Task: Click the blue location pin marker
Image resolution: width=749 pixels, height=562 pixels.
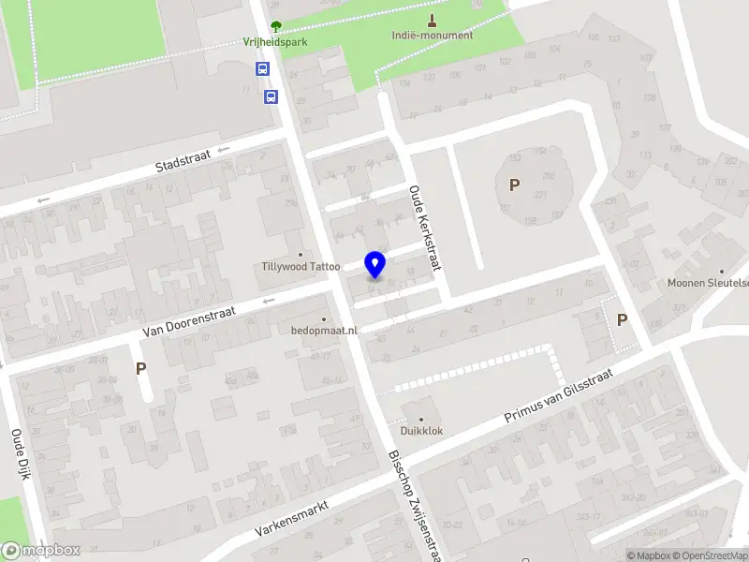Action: click(375, 264)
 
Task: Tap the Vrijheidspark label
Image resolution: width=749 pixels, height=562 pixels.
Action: click(274, 42)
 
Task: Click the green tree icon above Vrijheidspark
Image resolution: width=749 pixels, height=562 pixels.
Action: click(274, 26)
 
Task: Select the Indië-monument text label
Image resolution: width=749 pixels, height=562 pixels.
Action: click(432, 36)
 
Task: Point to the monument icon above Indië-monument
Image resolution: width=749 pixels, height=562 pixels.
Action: click(432, 21)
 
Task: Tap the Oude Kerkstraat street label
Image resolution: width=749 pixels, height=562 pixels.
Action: click(424, 228)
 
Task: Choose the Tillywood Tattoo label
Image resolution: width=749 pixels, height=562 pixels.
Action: click(301, 267)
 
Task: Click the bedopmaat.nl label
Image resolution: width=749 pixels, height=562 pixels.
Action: click(325, 330)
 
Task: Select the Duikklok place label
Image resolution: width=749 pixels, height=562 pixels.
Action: click(421, 431)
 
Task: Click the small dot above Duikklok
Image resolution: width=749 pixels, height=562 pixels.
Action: click(420, 419)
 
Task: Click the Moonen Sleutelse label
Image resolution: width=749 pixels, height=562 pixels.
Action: click(708, 283)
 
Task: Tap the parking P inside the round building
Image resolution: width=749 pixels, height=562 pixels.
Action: click(513, 185)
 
